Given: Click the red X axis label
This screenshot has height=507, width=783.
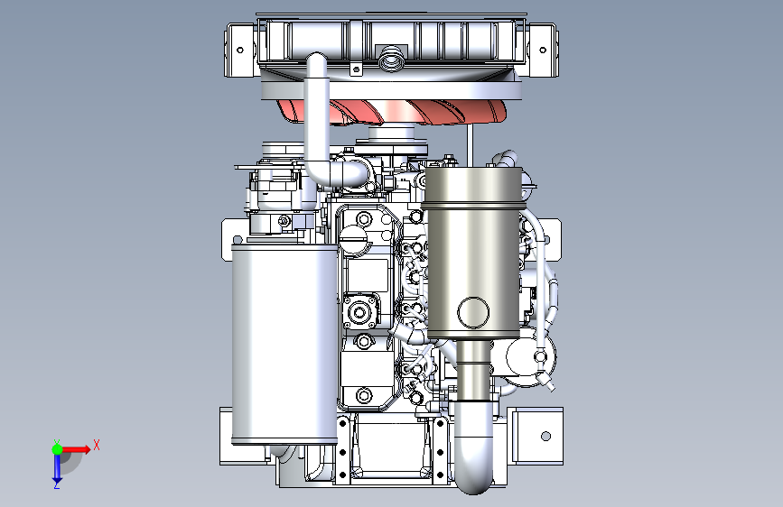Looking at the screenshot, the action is [x=97, y=445].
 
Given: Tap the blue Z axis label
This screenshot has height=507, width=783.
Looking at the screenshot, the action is [x=57, y=484].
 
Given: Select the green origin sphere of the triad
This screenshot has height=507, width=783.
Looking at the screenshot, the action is [x=58, y=449].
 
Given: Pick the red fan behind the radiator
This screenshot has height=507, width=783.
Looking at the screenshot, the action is [x=392, y=112].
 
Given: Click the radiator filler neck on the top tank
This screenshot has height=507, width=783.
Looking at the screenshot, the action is [x=390, y=59].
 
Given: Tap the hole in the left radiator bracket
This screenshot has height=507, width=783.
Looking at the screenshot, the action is [x=239, y=50].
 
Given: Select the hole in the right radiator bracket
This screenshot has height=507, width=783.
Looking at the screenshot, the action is [x=543, y=50].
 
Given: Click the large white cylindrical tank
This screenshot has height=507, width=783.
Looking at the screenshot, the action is [x=284, y=344].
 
